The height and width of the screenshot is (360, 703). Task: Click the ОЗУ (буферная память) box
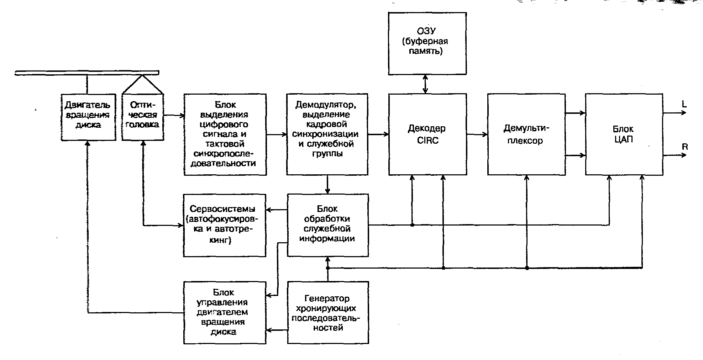click(x=427, y=43)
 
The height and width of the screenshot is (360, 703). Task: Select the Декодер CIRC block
click(x=427, y=134)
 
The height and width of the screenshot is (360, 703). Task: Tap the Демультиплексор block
click(x=526, y=134)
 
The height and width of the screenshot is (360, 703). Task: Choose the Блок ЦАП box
click(x=624, y=134)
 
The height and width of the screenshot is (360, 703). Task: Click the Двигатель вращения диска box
click(x=88, y=117)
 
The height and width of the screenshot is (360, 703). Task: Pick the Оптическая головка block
click(x=143, y=117)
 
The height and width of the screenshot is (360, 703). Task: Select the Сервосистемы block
click(x=224, y=225)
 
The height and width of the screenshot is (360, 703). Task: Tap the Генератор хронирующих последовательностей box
click(x=327, y=312)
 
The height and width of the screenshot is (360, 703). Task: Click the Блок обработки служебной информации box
click(x=327, y=225)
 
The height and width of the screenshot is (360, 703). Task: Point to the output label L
click(x=684, y=104)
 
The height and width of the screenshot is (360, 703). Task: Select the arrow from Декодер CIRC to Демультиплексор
click(x=477, y=134)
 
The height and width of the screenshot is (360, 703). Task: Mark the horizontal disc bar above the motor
click(x=87, y=73)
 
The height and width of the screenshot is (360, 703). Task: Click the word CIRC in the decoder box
click(x=427, y=141)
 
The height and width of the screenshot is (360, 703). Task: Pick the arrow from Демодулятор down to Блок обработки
click(x=327, y=184)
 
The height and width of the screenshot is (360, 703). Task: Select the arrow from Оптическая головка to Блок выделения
click(x=174, y=115)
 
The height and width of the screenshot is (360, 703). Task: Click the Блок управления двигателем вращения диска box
click(x=224, y=312)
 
